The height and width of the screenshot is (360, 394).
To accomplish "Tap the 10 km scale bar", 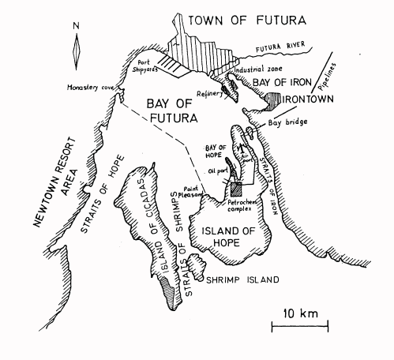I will click(300, 324).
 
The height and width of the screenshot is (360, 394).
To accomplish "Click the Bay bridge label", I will click(287, 122).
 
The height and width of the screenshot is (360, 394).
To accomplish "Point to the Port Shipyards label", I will click(152, 64).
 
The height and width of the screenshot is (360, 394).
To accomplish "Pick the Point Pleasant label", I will click(189, 184).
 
